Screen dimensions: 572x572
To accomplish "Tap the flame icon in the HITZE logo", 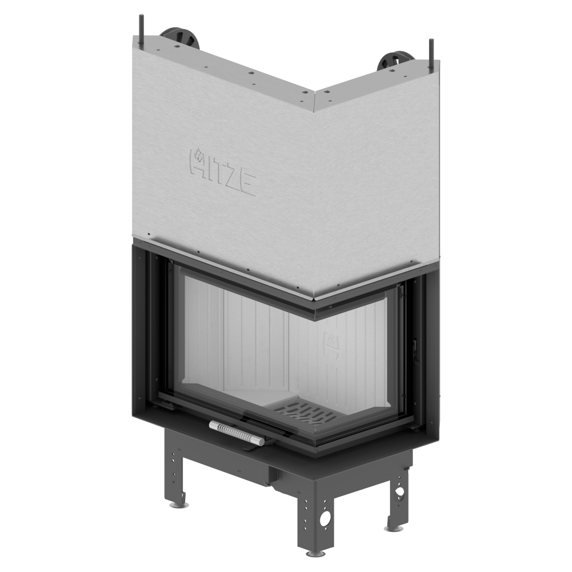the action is [x=199, y=154].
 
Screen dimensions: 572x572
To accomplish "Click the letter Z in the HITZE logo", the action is [x=229, y=177].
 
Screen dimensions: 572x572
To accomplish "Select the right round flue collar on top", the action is [x=397, y=61].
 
